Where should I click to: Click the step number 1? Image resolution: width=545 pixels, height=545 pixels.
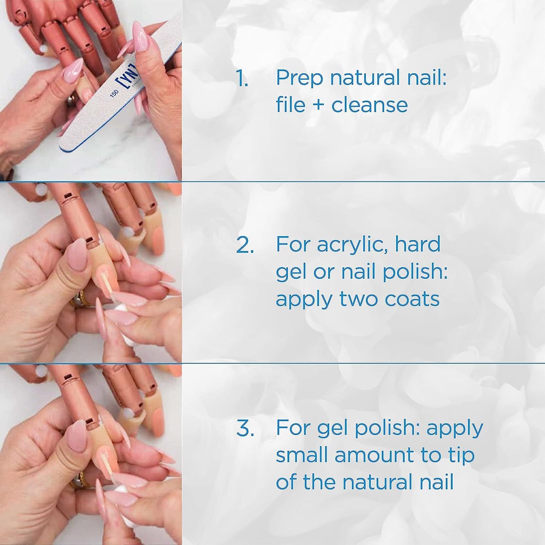click(242, 78)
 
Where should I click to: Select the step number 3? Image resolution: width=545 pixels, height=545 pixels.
click(245, 428)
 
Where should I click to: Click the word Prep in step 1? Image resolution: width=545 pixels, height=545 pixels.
click(299, 78)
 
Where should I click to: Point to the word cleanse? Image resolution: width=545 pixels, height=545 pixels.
click(370, 105)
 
